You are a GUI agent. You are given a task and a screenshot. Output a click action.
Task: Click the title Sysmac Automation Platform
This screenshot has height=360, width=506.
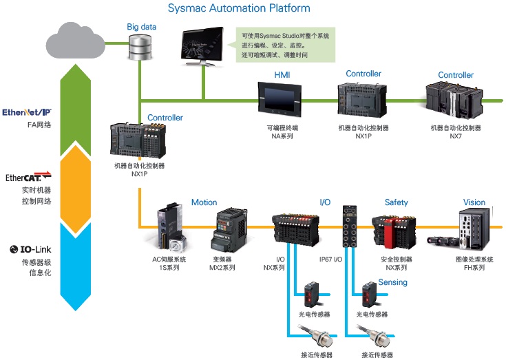pyautogui.click(x=239, y=9)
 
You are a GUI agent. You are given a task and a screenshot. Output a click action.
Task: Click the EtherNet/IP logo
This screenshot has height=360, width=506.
pyautogui.click(x=27, y=112)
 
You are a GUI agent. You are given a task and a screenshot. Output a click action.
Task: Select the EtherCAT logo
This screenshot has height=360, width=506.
pyautogui.click(x=28, y=178)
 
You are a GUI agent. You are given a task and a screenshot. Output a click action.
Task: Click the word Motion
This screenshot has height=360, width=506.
pyautogui.click(x=204, y=202)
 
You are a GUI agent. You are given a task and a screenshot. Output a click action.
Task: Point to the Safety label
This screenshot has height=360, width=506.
pyautogui.click(x=396, y=202)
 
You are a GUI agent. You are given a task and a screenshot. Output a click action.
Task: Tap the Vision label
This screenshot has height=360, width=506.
pyautogui.click(x=474, y=202)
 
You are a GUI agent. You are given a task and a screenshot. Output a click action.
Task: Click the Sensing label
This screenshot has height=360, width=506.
pyautogui.click(x=392, y=282)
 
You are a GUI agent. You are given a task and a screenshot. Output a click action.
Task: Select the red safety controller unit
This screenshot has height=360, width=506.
pyautogui.click(x=390, y=230)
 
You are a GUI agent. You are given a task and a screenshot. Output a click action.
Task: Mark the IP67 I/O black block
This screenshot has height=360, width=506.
pyautogui.click(x=349, y=230)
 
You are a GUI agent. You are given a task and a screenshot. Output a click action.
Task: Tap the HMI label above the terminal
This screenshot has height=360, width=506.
pyautogui.click(x=282, y=74)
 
